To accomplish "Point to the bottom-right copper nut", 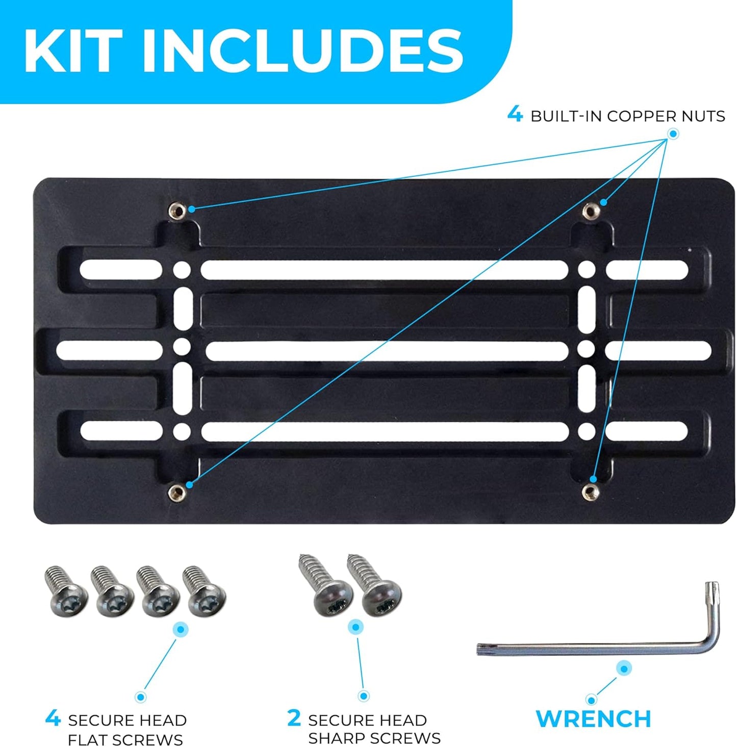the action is click(x=591, y=493).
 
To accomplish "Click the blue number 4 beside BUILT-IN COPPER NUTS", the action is click(x=515, y=116).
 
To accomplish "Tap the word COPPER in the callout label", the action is click(x=638, y=116).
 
